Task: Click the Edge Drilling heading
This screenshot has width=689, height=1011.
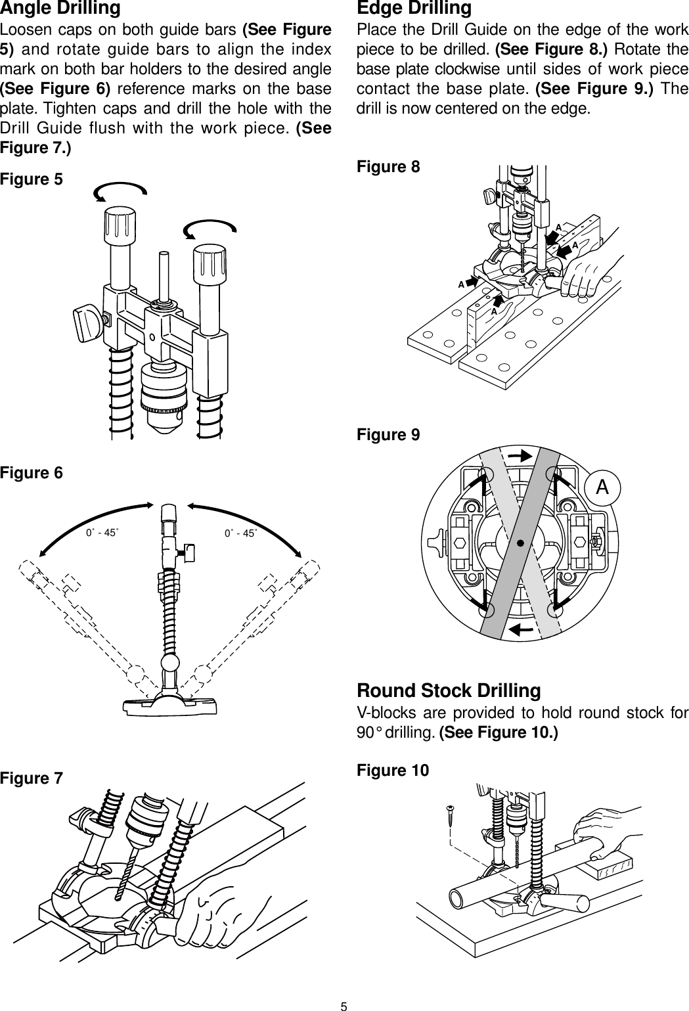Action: [414, 9]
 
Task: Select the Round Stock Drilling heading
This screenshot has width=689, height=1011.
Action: [449, 691]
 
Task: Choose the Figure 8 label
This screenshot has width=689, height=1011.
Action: [388, 167]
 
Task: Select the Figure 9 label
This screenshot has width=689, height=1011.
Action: [388, 435]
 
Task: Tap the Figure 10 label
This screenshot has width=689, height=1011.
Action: [392, 770]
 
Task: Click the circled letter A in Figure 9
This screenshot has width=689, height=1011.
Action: [602, 487]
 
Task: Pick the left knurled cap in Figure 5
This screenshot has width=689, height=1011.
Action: [119, 225]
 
